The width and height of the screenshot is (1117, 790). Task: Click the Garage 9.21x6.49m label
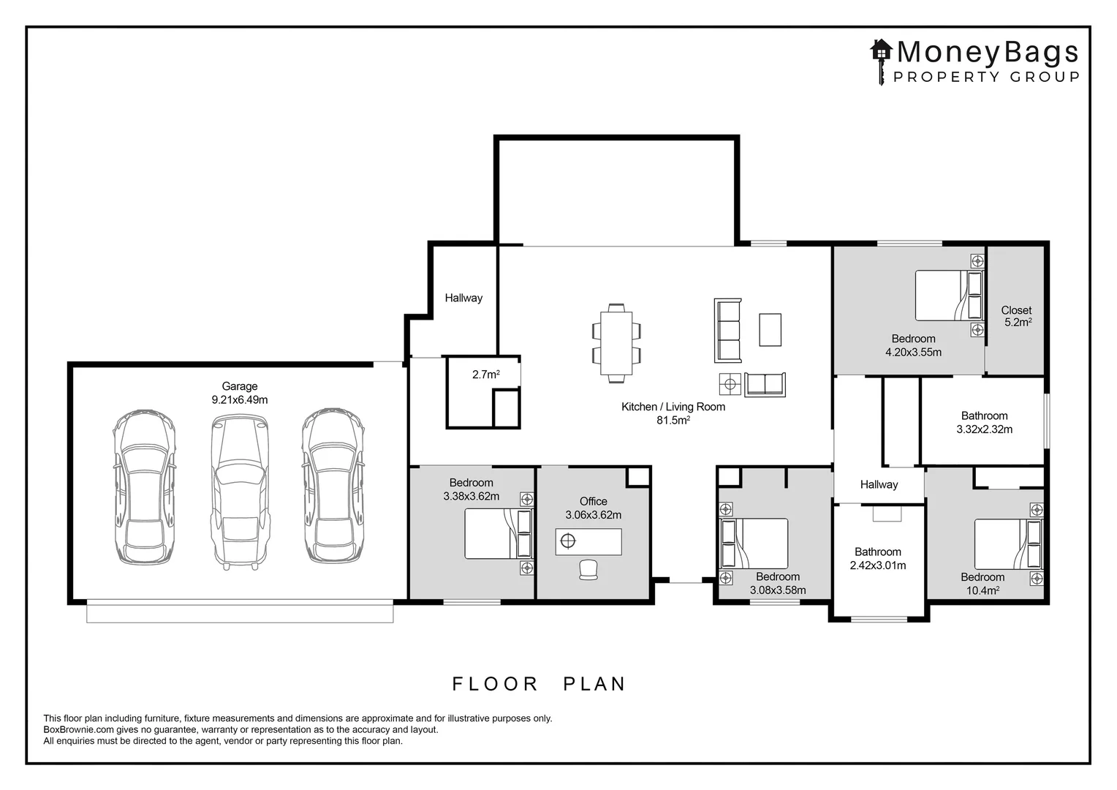[240, 393]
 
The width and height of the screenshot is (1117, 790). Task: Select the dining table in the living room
[616, 343]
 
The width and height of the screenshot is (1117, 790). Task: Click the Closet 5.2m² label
[1016, 316]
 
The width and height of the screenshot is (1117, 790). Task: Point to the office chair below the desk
[588, 570]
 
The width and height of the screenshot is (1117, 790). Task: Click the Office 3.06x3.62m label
[593, 508]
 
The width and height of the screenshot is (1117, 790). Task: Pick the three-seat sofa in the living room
[728, 330]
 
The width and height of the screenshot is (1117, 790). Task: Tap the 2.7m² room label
[485, 375]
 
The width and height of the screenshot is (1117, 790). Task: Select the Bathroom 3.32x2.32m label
[984, 422]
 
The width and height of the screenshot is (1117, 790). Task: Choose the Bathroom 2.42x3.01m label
[877, 558]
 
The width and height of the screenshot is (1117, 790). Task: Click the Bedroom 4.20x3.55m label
[913, 345]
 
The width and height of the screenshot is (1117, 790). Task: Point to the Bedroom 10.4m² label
[982, 584]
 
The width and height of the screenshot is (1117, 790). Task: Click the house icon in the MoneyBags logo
[882, 50]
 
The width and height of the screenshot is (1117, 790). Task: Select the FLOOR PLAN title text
[539, 684]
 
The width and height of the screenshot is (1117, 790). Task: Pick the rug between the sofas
[770, 329]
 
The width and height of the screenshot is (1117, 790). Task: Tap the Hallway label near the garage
[463, 298]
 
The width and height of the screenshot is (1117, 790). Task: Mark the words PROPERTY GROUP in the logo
[986, 77]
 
